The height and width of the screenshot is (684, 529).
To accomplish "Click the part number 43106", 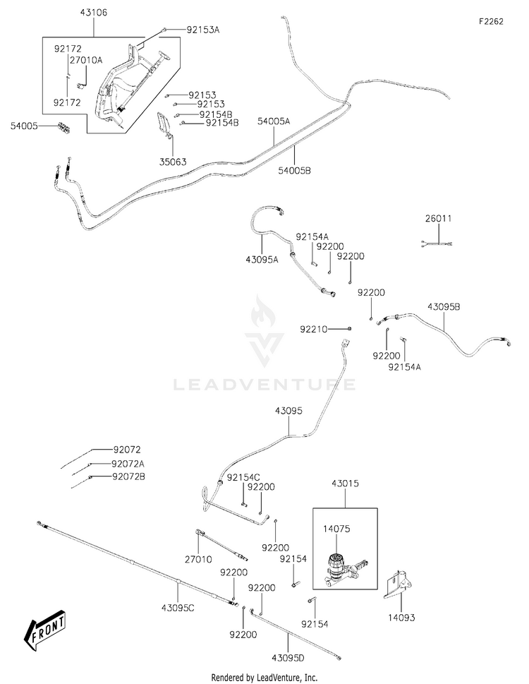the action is tap(93, 13).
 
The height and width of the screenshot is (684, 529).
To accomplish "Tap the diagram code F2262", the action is tap(491, 21).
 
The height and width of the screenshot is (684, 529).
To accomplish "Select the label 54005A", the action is tap(273, 121).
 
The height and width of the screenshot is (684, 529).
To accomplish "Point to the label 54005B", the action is tap(295, 170).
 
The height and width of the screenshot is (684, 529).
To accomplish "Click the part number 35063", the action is tap(173, 162).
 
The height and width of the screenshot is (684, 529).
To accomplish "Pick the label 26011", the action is tap(438, 219).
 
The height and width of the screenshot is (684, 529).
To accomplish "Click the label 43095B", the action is tap(444, 306).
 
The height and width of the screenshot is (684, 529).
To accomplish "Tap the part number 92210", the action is tap(313, 329).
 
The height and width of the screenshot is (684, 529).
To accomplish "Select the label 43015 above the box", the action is tap(345, 484).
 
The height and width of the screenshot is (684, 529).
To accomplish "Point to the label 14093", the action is tap(401, 617).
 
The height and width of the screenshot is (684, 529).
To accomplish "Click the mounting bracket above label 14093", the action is tap(398, 584).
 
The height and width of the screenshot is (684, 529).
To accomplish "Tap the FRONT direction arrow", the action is tap(45, 631).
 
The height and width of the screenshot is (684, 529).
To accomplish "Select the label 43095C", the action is tap(178, 607).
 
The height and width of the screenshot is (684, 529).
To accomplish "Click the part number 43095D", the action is tap(288, 657).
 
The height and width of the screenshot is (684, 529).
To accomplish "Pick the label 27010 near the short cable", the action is tap(198, 559).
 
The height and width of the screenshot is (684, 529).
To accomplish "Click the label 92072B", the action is tap(128, 476).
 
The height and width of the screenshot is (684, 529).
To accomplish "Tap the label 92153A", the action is tap(203, 30).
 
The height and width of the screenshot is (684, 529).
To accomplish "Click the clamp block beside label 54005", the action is tap(64, 128).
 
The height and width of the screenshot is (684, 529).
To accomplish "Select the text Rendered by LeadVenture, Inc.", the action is tap(264, 678).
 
